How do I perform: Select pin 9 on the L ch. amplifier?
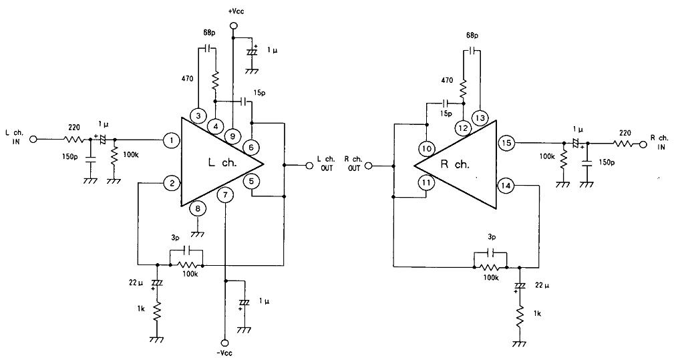232,136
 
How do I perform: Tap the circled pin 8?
198,208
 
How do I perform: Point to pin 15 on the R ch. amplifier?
506,143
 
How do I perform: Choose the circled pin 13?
480,118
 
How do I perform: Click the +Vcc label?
236,11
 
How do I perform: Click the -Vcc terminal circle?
225,343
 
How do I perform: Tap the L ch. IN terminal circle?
33,140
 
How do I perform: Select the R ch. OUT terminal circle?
368,166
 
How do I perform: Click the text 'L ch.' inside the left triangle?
222,163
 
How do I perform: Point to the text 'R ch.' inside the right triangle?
455,164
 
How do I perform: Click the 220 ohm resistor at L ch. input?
73,140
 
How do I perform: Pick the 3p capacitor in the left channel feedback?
186,250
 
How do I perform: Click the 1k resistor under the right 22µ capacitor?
520,314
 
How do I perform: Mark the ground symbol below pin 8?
198,234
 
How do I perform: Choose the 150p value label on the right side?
607,162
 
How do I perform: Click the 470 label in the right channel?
447,81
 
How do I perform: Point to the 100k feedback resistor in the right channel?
490,266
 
